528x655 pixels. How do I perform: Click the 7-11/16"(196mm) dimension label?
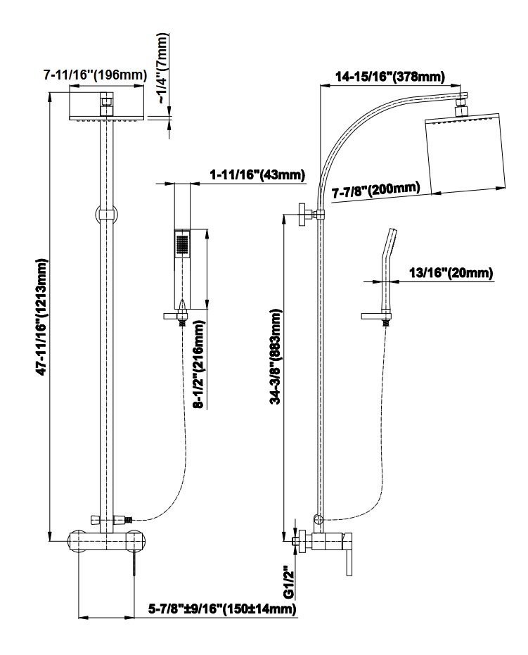point(94,74)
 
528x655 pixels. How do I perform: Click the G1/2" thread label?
point(288,582)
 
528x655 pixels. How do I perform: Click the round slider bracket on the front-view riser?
point(106,213)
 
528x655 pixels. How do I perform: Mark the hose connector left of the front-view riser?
point(95,520)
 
